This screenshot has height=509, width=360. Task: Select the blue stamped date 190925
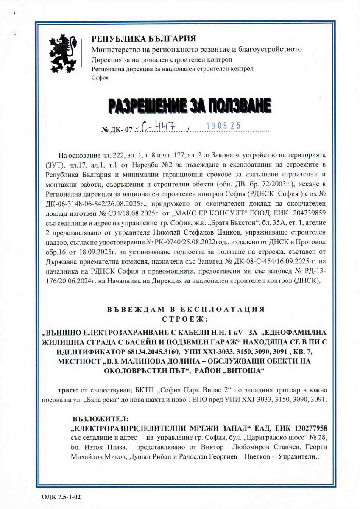[223, 126]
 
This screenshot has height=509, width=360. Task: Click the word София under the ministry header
[100, 78]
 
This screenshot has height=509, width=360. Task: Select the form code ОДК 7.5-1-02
[61, 495]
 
